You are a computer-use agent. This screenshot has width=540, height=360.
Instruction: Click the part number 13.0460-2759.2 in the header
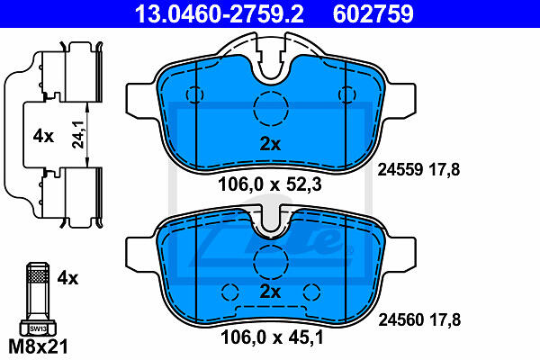tap(220, 14)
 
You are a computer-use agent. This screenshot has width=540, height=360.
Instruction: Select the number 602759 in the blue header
tap(373, 14)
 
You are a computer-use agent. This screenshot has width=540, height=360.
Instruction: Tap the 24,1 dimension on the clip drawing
tap(78, 135)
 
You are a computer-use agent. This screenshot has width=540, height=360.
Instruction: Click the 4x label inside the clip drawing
tap(43, 137)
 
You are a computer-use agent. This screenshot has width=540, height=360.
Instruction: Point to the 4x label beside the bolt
tap(67, 278)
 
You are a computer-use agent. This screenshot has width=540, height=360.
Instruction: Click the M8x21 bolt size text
tap(38, 346)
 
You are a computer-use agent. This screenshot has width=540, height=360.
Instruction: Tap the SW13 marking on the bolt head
tap(38, 328)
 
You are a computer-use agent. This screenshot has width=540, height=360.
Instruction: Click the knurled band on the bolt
tap(38, 276)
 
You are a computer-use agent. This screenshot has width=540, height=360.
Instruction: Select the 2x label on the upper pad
tap(270, 144)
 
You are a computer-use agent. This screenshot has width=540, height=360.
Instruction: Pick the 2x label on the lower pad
tap(270, 292)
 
